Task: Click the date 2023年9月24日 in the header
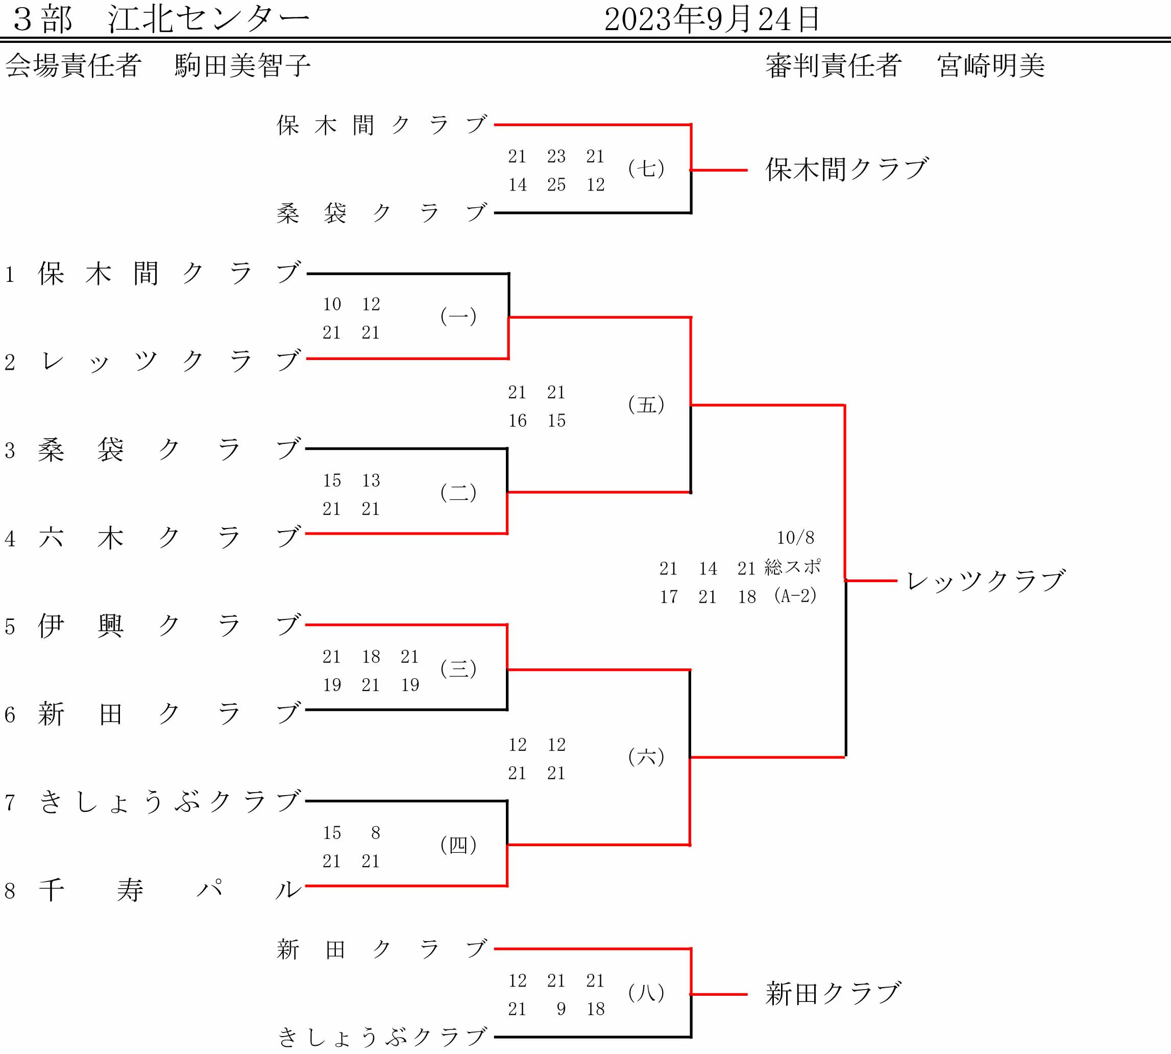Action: [x=712, y=20]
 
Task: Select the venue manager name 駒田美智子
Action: [x=242, y=65]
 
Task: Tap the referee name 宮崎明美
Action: [x=991, y=65]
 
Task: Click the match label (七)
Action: [x=646, y=169]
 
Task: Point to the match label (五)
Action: [x=646, y=404]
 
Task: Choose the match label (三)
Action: [x=458, y=668]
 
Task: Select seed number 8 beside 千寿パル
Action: [x=10, y=891]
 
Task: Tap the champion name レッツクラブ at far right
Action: [x=985, y=581]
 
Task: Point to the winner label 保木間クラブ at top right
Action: [x=847, y=170]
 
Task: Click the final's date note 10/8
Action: [x=795, y=538]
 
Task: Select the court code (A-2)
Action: [x=795, y=596]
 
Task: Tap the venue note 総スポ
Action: [x=792, y=567]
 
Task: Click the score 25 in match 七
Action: [x=556, y=185]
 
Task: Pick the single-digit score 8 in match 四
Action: [x=376, y=833]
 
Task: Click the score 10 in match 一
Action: [x=332, y=304]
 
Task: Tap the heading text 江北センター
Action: [x=209, y=20]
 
